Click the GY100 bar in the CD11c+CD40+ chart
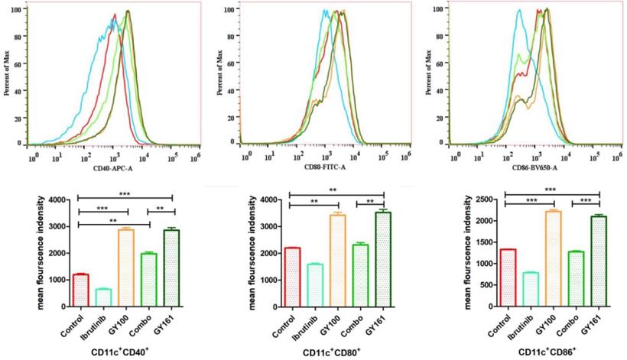127,268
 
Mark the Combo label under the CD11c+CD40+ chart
145,322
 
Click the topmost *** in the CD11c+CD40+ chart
125,194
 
